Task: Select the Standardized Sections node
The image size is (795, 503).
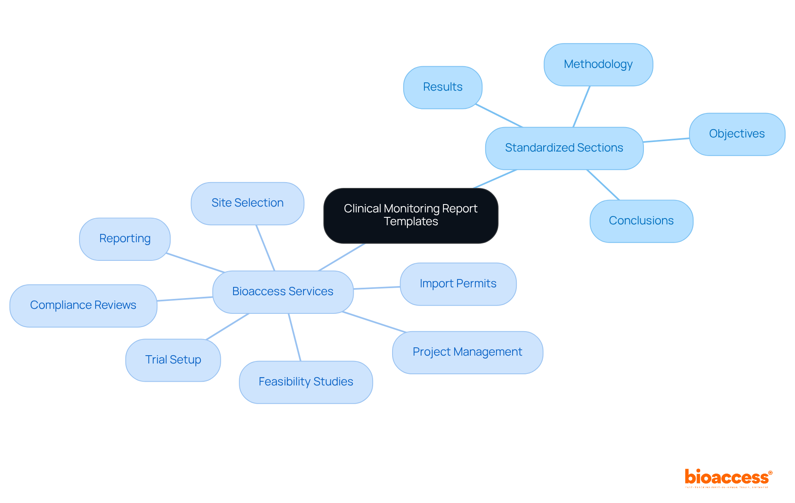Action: (564, 148)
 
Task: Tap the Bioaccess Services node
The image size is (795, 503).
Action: (283, 292)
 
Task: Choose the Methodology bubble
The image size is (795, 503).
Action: (598, 65)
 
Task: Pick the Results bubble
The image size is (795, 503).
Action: (443, 87)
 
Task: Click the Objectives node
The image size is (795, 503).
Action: (737, 134)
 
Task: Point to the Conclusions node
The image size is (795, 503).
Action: (641, 221)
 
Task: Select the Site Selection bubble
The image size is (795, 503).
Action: (247, 203)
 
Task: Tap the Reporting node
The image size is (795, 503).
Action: (125, 239)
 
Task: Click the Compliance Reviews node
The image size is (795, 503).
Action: (83, 306)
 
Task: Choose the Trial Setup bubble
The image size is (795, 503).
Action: (173, 360)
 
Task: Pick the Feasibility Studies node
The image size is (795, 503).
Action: (306, 382)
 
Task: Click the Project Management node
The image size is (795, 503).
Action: (467, 352)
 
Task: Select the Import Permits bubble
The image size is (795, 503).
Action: (458, 284)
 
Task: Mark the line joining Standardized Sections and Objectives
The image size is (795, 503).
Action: (666, 140)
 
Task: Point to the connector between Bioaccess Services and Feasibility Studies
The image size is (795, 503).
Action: (294, 337)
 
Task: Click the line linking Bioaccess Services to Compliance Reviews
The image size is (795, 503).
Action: (185, 299)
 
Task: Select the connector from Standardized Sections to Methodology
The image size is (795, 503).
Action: (581, 106)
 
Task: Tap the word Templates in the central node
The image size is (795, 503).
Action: (411, 221)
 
